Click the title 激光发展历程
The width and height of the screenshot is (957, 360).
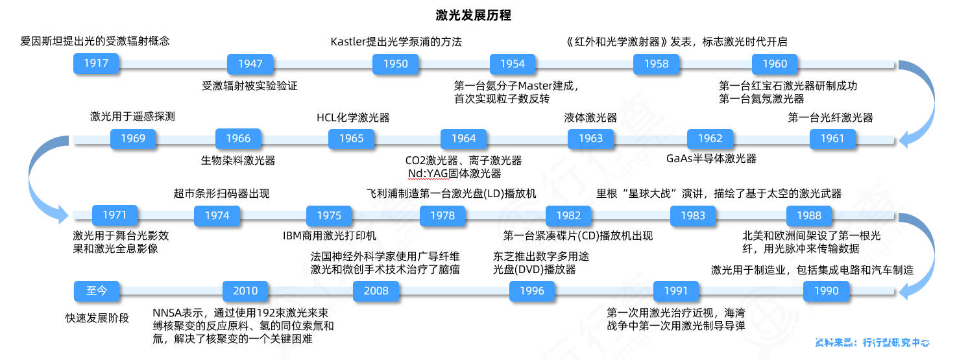[478, 15]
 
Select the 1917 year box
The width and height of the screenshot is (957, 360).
[95, 64]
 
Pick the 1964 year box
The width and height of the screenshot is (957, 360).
[463, 138]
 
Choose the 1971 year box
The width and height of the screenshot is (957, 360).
[114, 215]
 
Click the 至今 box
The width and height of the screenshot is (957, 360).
[97, 291]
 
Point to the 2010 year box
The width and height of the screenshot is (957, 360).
[245, 291]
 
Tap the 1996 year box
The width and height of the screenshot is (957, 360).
[532, 291]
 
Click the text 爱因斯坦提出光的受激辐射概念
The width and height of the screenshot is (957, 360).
[95, 42]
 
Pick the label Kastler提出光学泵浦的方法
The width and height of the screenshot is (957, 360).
[396, 42]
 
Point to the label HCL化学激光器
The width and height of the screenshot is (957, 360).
[353, 117]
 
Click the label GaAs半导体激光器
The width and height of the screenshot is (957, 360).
[711, 158]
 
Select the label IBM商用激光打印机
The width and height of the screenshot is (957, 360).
[330, 235]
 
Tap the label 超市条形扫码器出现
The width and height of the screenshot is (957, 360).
[221, 193]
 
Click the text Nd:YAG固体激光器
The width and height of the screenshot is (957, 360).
[454, 173]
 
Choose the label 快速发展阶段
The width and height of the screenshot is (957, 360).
[97, 318]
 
